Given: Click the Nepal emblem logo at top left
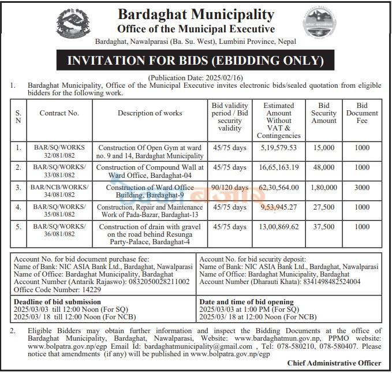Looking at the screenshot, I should pyautogui.click(x=73, y=24).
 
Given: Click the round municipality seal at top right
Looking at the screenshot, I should pyautogui.click(x=319, y=24).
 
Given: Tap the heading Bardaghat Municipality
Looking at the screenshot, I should pyautogui.click(x=196, y=14).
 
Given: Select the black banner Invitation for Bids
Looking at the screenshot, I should pyautogui.click(x=196, y=61).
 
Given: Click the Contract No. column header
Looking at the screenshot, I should pyautogui.click(x=59, y=113).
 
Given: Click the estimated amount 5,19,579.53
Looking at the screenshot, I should pyautogui.click(x=279, y=148).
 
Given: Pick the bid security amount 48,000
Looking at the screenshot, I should pyautogui.click(x=324, y=168).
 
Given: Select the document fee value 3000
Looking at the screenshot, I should pyautogui.click(x=362, y=188).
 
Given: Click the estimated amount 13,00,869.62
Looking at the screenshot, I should pyautogui.click(x=279, y=227).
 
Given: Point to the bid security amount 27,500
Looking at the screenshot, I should pyautogui.click(x=324, y=207).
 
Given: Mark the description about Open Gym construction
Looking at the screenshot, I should pyautogui.click(x=151, y=152).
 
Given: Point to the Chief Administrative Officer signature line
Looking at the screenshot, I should pyautogui.click(x=334, y=363).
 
